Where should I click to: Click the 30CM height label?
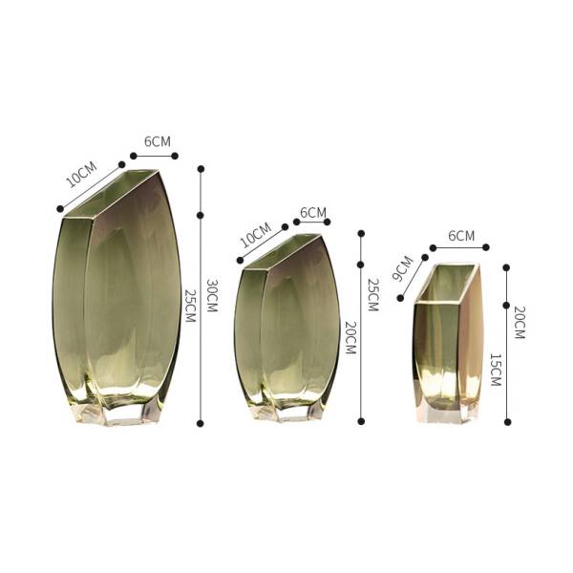pyautogui.click(x=212, y=296)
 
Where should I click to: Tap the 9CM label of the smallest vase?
pyautogui.click(x=403, y=268)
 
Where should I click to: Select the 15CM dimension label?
pyautogui.click(x=495, y=370)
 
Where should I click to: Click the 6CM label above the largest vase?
pyautogui.click(x=158, y=141)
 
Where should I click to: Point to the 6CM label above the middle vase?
pyautogui.click(x=313, y=212)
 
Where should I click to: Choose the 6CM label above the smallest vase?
pyautogui.click(x=461, y=236)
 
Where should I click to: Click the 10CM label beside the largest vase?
pyautogui.click(x=81, y=175)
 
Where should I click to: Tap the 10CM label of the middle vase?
pyautogui.click(x=256, y=234)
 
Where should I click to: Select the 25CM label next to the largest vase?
pyautogui.click(x=190, y=306)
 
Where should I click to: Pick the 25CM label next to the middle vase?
pyautogui.click(x=372, y=294)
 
